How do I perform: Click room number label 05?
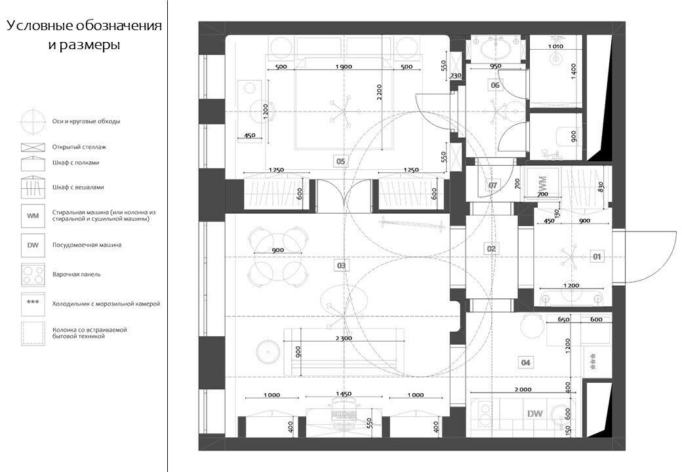[x=340, y=161]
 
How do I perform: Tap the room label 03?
[x=341, y=265]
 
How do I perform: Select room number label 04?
[x=525, y=362]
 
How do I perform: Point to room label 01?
[x=597, y=256]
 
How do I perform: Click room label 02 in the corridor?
[x=491, y=248]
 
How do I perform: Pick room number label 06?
[x=495, y=86]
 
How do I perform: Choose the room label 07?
[x=493, y=186]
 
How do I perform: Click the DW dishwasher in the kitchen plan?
[x=534, y=413]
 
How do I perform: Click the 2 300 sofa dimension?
[x=342, y=338]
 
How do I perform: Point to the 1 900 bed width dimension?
[x=344, y=67]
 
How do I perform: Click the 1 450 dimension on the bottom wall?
[x=344, y=394]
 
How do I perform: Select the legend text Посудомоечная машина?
[x=87, y=245]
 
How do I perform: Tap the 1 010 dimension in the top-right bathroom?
[x=555, y=47]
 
